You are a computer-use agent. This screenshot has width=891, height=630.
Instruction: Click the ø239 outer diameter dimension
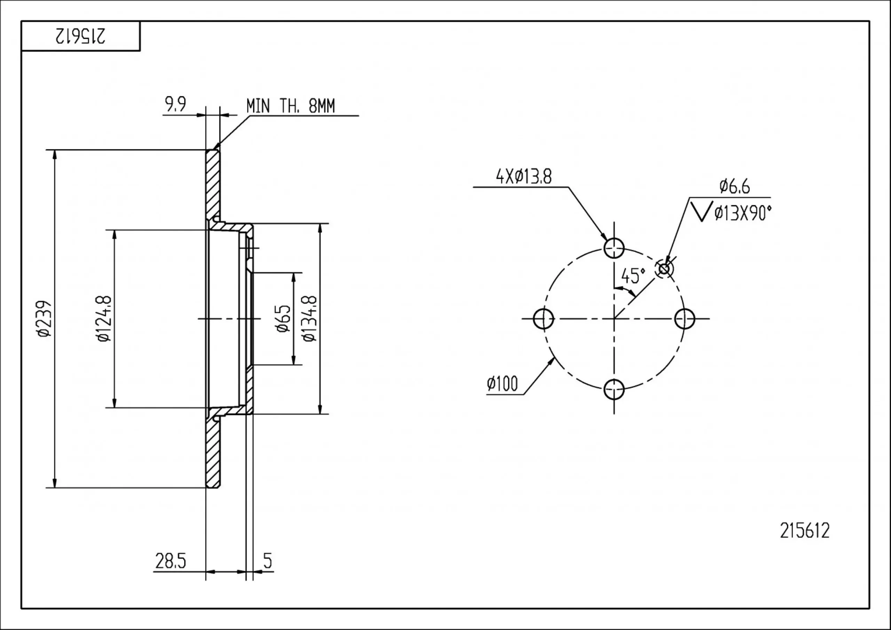point(44,319)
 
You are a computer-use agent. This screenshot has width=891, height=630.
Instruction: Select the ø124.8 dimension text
point(104,319)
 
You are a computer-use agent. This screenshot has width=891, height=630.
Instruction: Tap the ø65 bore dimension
point(283,319)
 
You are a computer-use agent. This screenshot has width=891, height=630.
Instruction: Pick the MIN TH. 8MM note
point(291,106)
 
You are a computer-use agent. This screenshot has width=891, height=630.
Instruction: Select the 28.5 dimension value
point(171,561)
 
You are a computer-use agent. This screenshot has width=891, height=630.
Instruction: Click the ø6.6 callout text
point(735,186)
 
